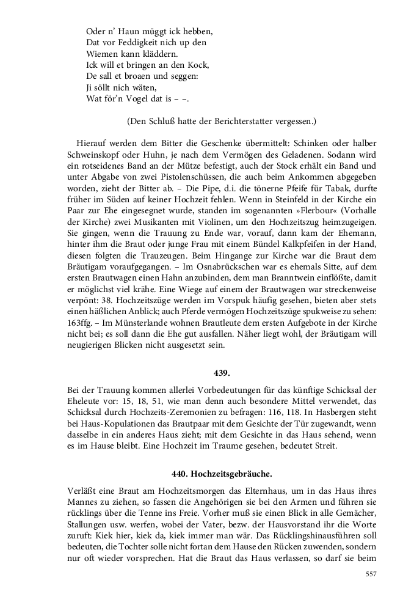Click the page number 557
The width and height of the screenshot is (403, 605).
(x=371, y=573)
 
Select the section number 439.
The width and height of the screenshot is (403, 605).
(x=222, y=372)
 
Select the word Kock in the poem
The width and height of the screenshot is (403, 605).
(x=200, y=65)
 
